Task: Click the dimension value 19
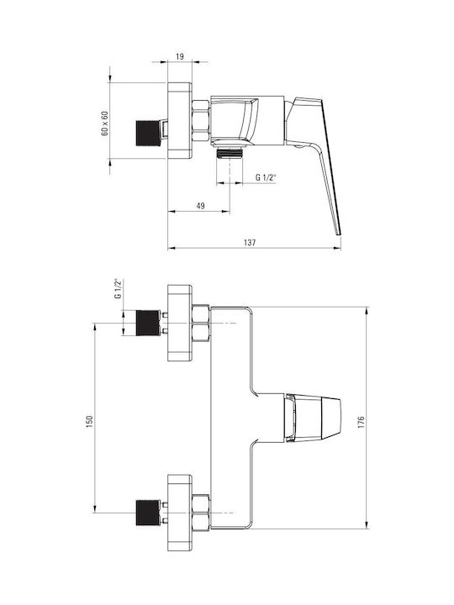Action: (x=180, y=56)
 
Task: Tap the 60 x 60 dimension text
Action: (x=104, y=123)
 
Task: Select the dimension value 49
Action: (x=200, y=206)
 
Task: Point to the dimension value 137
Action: (x=250, y=242)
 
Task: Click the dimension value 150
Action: (x=90, y=421)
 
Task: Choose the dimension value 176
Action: (x=361, y=423)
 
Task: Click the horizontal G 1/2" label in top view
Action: (x=267, y=177)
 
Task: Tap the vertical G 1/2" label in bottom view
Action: (x=118, y=288)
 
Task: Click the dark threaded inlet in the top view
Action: (x=146, y=134)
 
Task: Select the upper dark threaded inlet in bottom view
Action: (x=147, y=323)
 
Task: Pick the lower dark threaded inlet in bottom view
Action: (x=147, y=513)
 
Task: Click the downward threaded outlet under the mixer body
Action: (x=230, y=152)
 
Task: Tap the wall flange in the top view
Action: (x=180, y=120)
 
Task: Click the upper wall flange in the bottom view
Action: (x=180, y=323)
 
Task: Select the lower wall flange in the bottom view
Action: (x=180, y=513)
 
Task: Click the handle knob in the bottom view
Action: (x=313, y=418)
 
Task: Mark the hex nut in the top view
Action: (x=201, y=120)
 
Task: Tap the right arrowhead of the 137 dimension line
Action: (x=338, y=248)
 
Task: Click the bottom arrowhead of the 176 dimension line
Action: (x=367, y=525)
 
